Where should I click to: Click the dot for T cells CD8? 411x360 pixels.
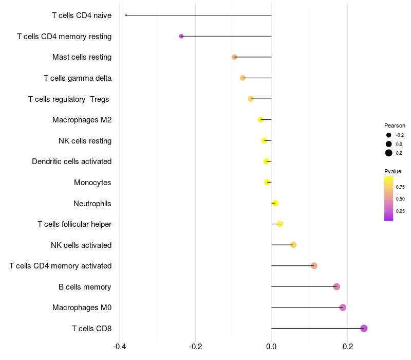click(364, 328)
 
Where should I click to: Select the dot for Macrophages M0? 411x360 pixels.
click(343, 308)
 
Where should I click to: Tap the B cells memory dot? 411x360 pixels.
click(337, 286)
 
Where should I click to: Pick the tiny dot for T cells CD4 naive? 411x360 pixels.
click(126, 15)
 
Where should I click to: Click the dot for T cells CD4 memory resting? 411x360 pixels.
click(181, 36)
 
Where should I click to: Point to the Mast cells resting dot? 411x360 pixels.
click(234, 57)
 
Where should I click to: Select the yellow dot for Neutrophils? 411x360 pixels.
click(275, 203)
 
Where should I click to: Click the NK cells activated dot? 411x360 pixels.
click(293, 245)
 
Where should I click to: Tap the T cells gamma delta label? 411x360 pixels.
click(78, 78)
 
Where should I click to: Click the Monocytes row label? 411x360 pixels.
click(92, 183)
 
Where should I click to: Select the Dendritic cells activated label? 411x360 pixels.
click(72, 161)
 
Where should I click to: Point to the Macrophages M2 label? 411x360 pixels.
click(82, 120)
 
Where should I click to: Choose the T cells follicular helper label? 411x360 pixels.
click(74, 224)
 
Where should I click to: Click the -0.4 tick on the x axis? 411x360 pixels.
click(119, 346)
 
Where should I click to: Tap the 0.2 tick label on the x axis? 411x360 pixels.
click(347, 346)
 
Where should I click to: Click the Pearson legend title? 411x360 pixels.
click(395, 125)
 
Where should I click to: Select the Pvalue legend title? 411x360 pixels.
click(393, 171)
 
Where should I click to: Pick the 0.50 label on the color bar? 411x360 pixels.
click(400, 199)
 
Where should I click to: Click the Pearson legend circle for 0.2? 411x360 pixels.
click(389, 153)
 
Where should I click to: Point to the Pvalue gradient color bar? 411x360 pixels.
click(389, 199)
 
